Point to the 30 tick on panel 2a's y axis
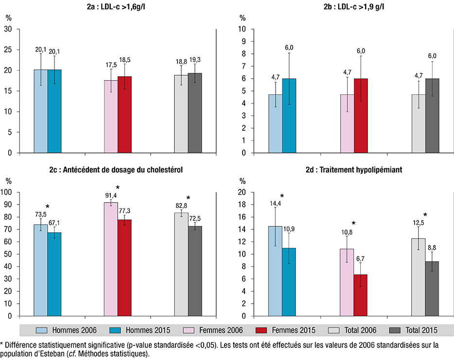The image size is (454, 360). pos(21,29)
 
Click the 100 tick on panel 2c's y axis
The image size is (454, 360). pos(19,192)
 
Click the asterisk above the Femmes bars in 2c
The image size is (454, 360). pos(118,188)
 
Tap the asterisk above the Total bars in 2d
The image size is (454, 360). pos(425,215)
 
